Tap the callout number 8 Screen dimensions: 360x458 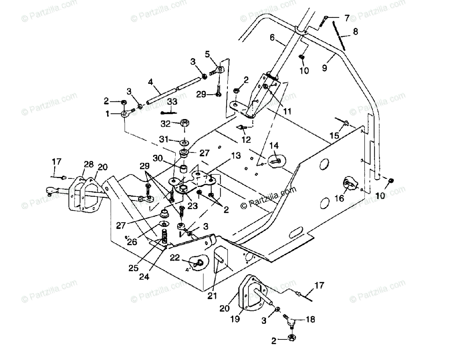coord(355,32)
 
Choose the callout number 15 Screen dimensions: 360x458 coord(334,135)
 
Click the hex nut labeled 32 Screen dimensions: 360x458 coord(184,123)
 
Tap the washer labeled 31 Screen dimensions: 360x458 coord(184,142)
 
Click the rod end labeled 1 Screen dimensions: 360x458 coord(125,114)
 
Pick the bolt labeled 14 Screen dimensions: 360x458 coord(276,160)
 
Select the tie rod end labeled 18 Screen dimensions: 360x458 coord(292,322)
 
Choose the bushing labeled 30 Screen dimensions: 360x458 coord(184,168)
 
